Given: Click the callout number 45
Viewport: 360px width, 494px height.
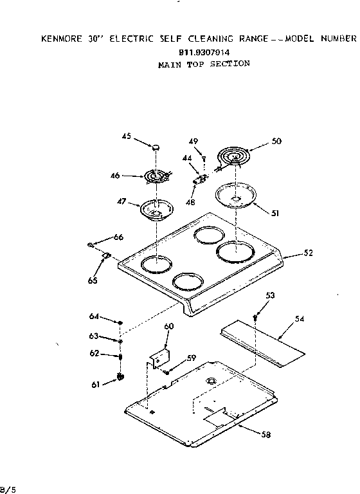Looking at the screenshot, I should (x=127, y=136).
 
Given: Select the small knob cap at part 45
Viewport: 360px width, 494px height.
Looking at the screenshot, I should (x=156, y=149).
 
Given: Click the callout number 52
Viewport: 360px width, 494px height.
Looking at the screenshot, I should (x=308, y=253).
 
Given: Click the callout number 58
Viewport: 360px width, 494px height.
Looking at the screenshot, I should (x=265, y=434).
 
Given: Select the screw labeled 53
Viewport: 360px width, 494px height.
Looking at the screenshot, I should (x=256, y=316).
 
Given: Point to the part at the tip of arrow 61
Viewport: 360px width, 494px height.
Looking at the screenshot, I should (x=119, y=378).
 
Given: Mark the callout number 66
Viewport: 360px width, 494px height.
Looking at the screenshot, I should (x=118, y=237).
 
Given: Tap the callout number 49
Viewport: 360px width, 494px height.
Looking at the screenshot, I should (x=194, y=142).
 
